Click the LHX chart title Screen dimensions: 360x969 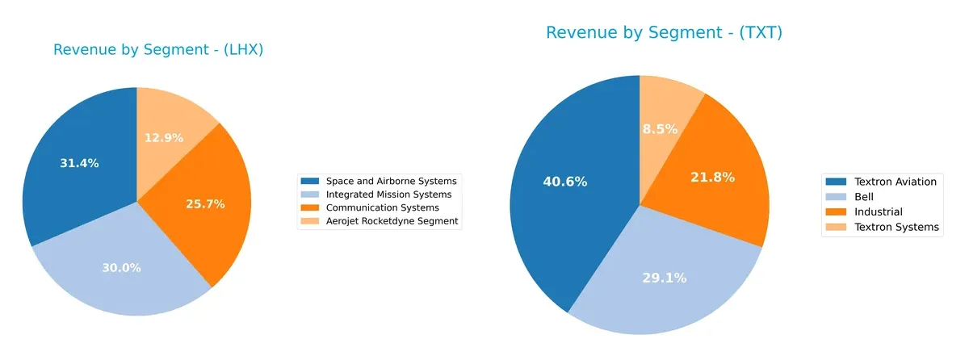tap(158, 50)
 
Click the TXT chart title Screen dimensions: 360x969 tap(664, 33)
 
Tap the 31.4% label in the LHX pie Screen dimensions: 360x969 tap(79, 163)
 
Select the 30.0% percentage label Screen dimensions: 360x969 tap(121, 267)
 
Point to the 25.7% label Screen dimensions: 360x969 tap(205, 204)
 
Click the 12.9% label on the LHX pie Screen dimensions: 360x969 tap(164, 137)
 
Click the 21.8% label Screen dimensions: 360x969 tap(712, 177)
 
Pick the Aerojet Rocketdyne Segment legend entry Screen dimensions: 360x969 tap(392, 220)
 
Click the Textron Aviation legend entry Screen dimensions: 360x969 tap(895, 182)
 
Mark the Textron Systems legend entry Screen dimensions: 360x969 tap(896, 227)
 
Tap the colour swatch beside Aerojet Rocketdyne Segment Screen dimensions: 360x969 tap(311, 220)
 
